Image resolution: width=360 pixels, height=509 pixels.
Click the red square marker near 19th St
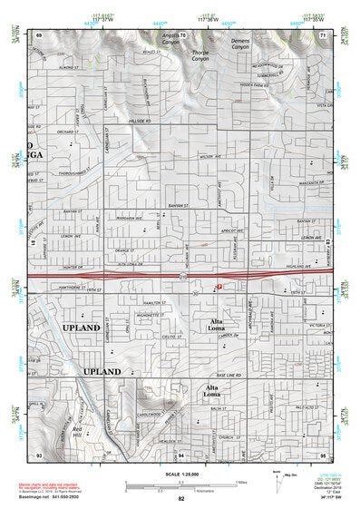219,286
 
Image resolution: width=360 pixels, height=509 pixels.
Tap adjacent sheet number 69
39,34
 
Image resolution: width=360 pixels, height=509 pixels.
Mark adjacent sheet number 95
323,453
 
